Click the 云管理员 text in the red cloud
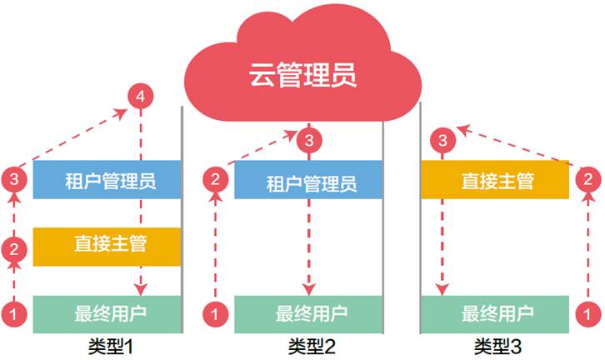pyautogui.click(x=302, y=74)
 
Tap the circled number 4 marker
pyautogui.click(x=141, y=96)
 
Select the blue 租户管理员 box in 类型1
pyautogui.click(x=107, y=180)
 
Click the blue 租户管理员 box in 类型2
pyautogui.click(x=308, y=180)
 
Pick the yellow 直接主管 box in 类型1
pyautogui.click(x=107, y=247)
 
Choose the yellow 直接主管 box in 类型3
pyautogui.click(x=495, y=180)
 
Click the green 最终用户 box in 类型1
pyautogui.click(x=107, y=314)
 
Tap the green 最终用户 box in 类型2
pyautogui.click(x=308, y=314)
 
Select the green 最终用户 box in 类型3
pyautogui.click(x=495, y=314)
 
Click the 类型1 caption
pyautogui.click(x=111, y=346)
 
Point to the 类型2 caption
pyautogui.click(x=312, y=346)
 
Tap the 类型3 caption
pyautogui.click(x=497, y=346)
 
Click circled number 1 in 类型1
pyautogui.click(x=14, y=314)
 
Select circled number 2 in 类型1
pyautogui.click(x=14, y=249)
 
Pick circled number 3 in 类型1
pyautogui.click(x=14, y=179)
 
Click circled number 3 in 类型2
pyautogui.click(x=309, y=140)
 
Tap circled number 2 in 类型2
pyautogui.click(x=215, y=179)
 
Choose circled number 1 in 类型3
pyautogui.click(x=588, y=314)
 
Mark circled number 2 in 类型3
pyautogui.click(x=588, y=179)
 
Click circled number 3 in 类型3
pyautogui.click(x=443, y=140)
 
